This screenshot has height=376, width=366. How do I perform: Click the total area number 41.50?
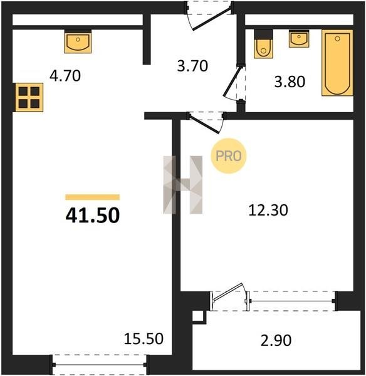[x=93, y=215]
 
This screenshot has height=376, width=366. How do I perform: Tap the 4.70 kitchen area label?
[x=65, y=76]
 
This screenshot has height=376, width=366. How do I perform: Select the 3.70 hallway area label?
[x=192, y=66]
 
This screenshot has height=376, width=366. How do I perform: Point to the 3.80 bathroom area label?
[x=290, y=81]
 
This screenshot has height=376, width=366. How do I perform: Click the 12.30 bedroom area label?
[x=268, y=210]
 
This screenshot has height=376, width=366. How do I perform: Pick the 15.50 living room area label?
[x=144, y=338]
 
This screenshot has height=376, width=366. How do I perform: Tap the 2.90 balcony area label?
[x=276, y=340]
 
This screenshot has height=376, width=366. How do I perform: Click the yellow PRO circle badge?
[x=229, y=156]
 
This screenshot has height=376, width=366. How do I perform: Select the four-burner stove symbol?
[x=29, y=97]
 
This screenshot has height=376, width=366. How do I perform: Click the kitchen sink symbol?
[x=78, y=41]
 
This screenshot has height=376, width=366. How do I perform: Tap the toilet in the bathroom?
[x=263, y=44]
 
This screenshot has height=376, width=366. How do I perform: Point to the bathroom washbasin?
[x=299, y=39]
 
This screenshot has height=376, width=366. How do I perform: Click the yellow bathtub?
[x=337, y=63]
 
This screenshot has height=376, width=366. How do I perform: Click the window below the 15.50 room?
[x=100, y=365]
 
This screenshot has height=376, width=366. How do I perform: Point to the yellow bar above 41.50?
[x=93, y=197]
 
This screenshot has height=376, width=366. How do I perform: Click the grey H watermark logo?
[x=183, y=185]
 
